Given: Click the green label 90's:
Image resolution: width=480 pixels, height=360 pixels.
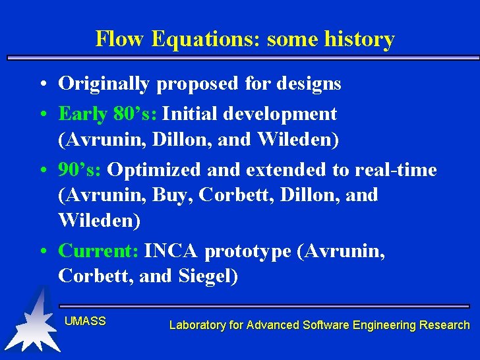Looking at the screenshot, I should point(80,170).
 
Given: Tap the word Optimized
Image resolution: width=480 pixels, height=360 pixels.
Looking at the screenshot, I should point(154,170).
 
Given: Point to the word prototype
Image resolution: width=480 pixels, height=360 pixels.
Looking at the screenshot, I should point(249,251).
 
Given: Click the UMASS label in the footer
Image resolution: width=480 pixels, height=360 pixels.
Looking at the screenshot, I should point(85,321).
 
